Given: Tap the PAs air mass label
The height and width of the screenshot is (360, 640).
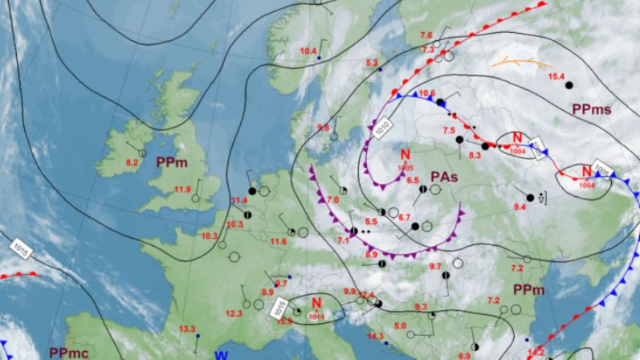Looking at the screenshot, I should [444, 175].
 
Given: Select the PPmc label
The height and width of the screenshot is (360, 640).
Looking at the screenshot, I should [67, 352].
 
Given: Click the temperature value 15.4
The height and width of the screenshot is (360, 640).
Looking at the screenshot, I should [556, 76].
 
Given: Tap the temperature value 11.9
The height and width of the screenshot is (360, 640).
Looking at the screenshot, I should [182, 190].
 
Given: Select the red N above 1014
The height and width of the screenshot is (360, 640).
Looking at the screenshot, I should [317, 303].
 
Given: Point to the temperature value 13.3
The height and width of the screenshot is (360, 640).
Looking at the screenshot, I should [186, 329].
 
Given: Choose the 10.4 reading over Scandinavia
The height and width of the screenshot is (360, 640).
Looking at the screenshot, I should [308, 51].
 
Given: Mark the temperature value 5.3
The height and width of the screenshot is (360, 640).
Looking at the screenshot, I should [372, 63].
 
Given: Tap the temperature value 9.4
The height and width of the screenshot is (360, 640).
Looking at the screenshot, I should [520, 207].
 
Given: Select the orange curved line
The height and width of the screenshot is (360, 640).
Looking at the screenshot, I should [522, 62].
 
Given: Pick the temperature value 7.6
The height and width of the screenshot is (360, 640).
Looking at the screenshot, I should [426, 35].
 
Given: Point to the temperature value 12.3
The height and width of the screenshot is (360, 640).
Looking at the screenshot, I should [234, 313].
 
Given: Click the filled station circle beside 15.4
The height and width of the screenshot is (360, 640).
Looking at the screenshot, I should [569, 84].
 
